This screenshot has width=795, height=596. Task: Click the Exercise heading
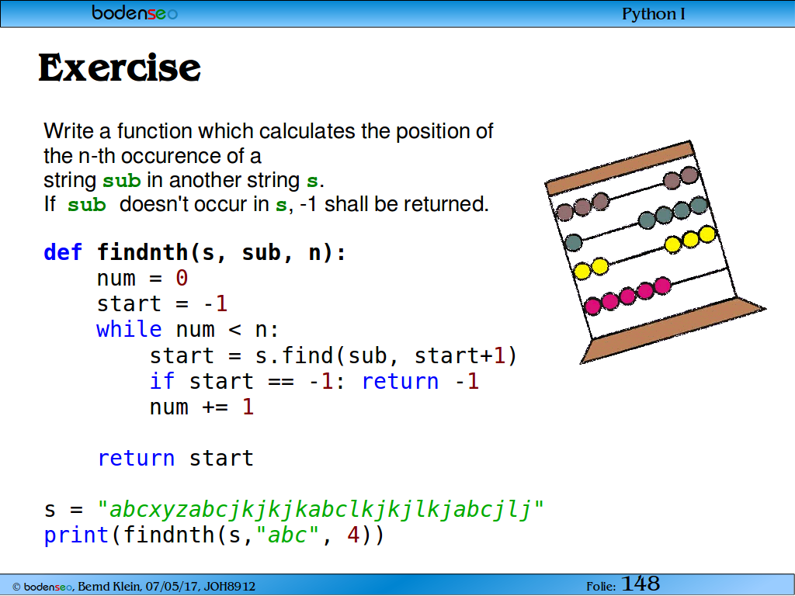tap(120, 68)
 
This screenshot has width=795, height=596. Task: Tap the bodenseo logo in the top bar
tap(134, 12)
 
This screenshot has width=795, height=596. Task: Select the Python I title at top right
tap(654, 14)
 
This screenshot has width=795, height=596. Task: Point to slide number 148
tap(641, 584)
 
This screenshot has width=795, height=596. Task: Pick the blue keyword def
tap(63, 252)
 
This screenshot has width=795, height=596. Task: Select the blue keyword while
tap(129, 329)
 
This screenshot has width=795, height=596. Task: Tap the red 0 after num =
tap(182, 279)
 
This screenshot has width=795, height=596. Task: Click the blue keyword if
tap(161, 381)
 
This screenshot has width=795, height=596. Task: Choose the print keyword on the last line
tap(76, 535)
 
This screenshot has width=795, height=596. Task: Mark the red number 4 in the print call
tap(353, 535)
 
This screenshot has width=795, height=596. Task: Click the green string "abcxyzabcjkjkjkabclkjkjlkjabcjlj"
tap(321, 509)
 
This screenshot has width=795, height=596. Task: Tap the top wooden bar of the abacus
tap(620, 168)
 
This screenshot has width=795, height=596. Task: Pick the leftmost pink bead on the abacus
tap(592, 306)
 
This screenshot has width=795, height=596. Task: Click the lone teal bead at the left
tap(574, 243)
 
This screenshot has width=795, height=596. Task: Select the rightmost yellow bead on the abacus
tap(706, 234)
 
